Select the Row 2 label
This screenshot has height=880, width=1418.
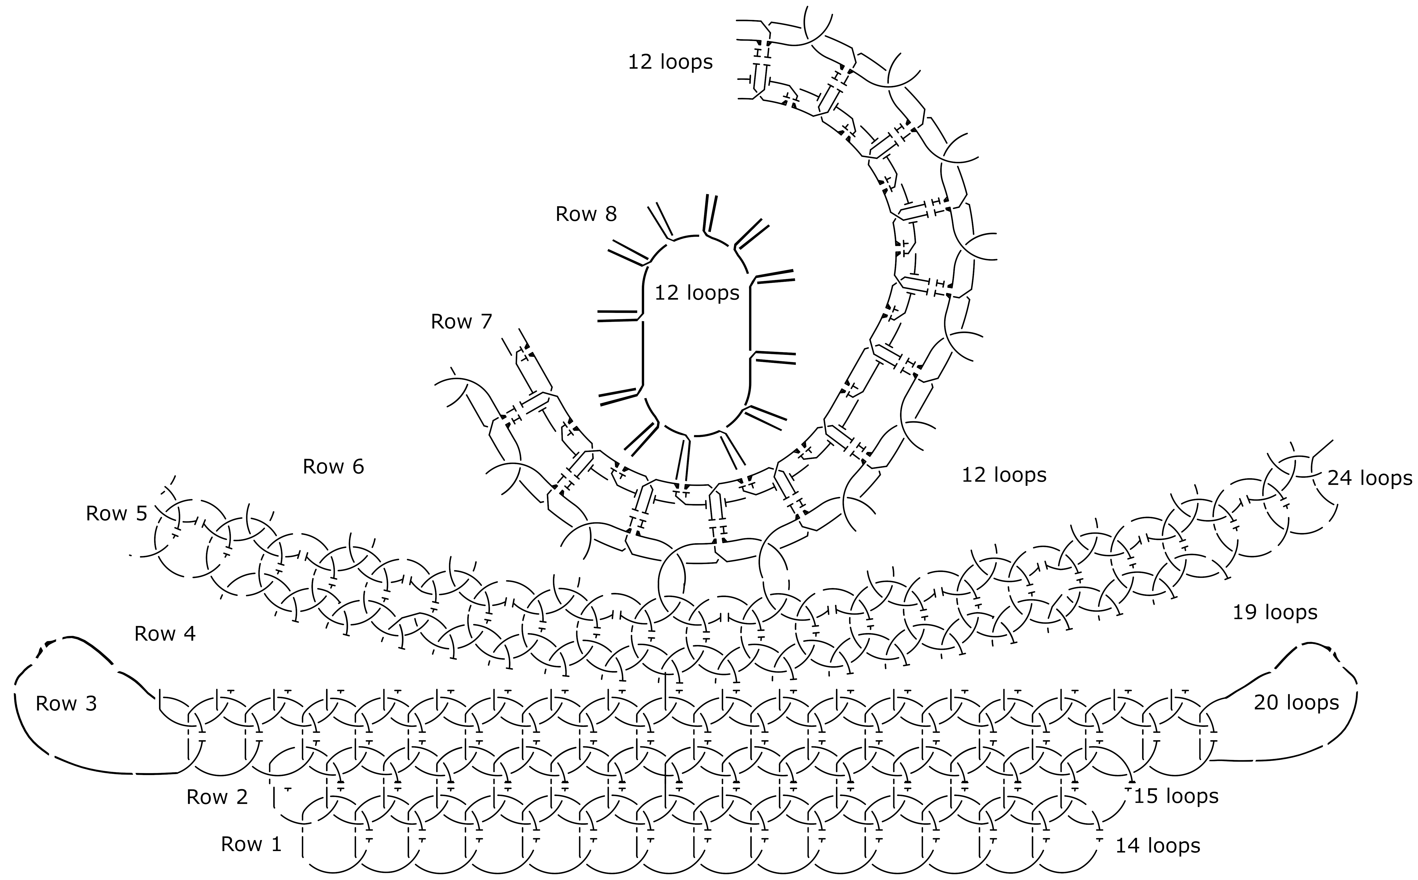217,797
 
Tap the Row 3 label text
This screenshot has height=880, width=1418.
66,704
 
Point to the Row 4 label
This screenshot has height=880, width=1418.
165,634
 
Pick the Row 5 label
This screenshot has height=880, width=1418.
116,513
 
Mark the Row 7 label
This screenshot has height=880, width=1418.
462,321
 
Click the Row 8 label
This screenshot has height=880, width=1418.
586,214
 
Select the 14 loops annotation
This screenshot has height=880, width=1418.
1158,846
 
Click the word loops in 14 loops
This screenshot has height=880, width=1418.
1171,846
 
